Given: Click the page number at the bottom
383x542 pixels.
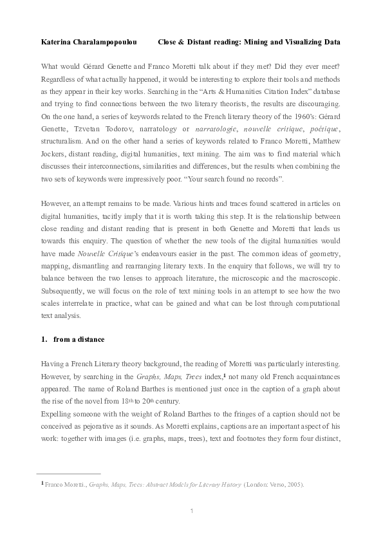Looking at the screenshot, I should point(191,512).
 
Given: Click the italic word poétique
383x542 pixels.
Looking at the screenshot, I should point(324,130).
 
